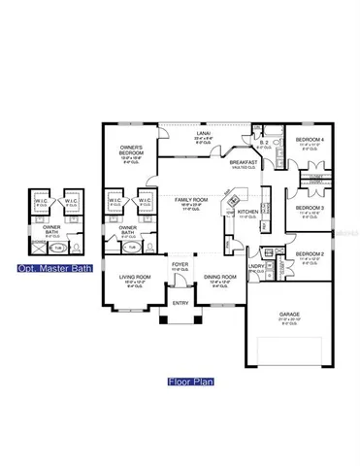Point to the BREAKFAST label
pos(242,162)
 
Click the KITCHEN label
pos(247,211)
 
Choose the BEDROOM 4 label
pos(310,143)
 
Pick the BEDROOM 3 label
pos(309,208)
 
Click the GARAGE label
pos(288,313)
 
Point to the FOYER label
pos(180,263)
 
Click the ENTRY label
pos(180,302)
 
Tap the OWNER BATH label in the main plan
pos(127,231)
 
